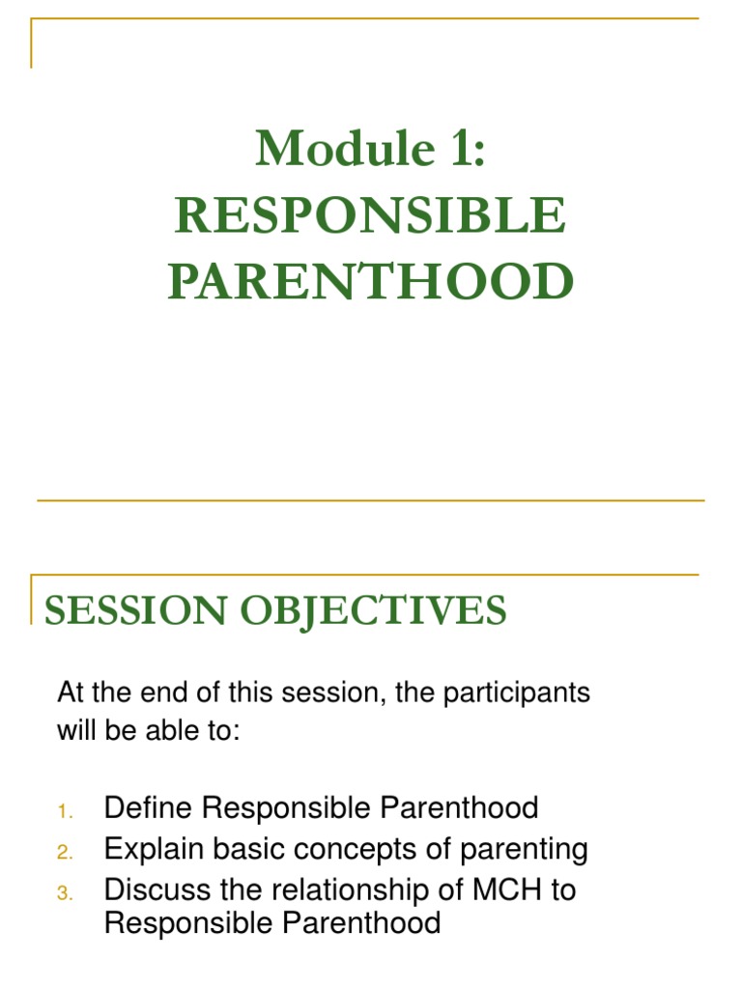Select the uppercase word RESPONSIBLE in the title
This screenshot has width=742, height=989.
click(371, 214)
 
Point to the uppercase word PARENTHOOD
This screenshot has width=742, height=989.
click(371, 281)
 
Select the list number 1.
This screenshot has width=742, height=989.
click(64, 809)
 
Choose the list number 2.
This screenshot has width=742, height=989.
click(64, 852)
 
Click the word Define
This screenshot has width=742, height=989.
click(145, 807)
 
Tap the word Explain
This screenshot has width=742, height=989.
click(151, 850)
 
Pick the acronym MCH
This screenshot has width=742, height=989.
click(504, 890)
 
